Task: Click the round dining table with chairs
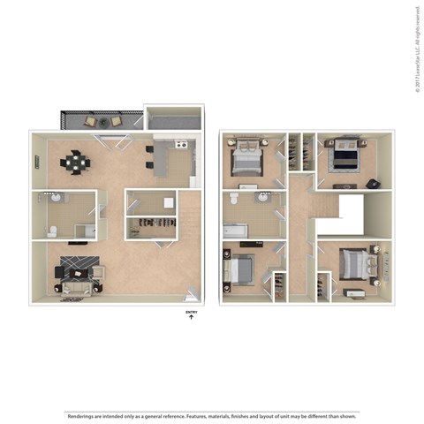pyautogui.click(x=75, y=163)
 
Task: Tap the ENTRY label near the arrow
pyautogui.click(x=191, y=312)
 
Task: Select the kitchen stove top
pyautogui.click(x=180, y=145)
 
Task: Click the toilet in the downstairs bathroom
pyautogui.click(x=52, y=231)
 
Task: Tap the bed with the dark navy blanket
pyautogui.click(x=343, y=159)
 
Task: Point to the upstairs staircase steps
pyautogui.click(x=326, y=205)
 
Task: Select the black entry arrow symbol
pyautogui.click(x=191, y=319)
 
